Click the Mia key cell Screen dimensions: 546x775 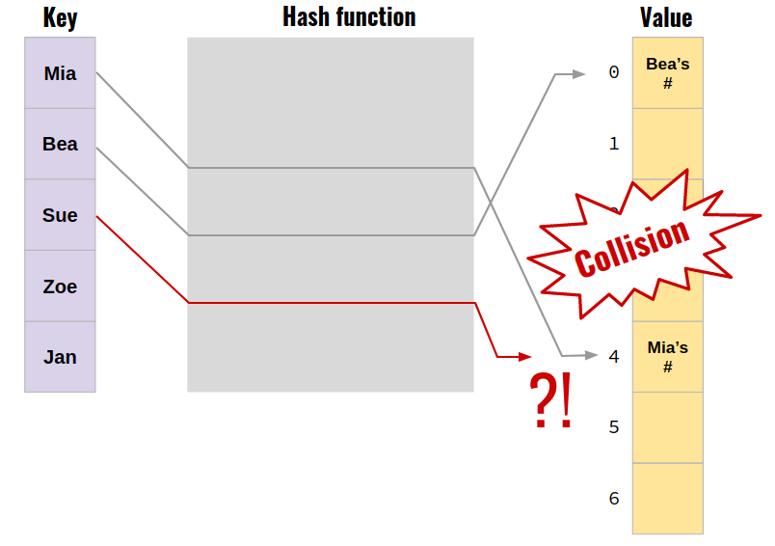[x=60, y=73]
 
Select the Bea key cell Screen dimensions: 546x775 [x=60, y=144]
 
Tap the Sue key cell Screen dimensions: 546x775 [x=60, y=215]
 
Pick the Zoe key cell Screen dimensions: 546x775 [x=60, y=287]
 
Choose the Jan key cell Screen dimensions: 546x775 [x=60, y=357]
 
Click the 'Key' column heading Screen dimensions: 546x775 [x=60, y=18]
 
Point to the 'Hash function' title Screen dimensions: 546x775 [x=349, y=17]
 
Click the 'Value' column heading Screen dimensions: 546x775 [x=666, y=18]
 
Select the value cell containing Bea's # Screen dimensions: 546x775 [x=667, y=73]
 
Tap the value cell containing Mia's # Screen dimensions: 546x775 [x=667, y=357]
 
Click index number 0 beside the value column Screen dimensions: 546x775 [x=614, y=72]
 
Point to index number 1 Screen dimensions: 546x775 [x=614, y=144]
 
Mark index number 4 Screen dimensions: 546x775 [x=614, y=357]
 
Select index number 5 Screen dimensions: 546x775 [x=614, y=427]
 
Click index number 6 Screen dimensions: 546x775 [x=614, y=499]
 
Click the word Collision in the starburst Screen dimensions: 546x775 [x=632, y=247]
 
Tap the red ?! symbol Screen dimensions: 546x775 [x=551, y=400]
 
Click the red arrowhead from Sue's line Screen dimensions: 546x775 [x=523, y=356]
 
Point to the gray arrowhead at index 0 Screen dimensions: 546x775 [x=577, y=73]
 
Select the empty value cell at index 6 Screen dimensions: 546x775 [x=667, y=498]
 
